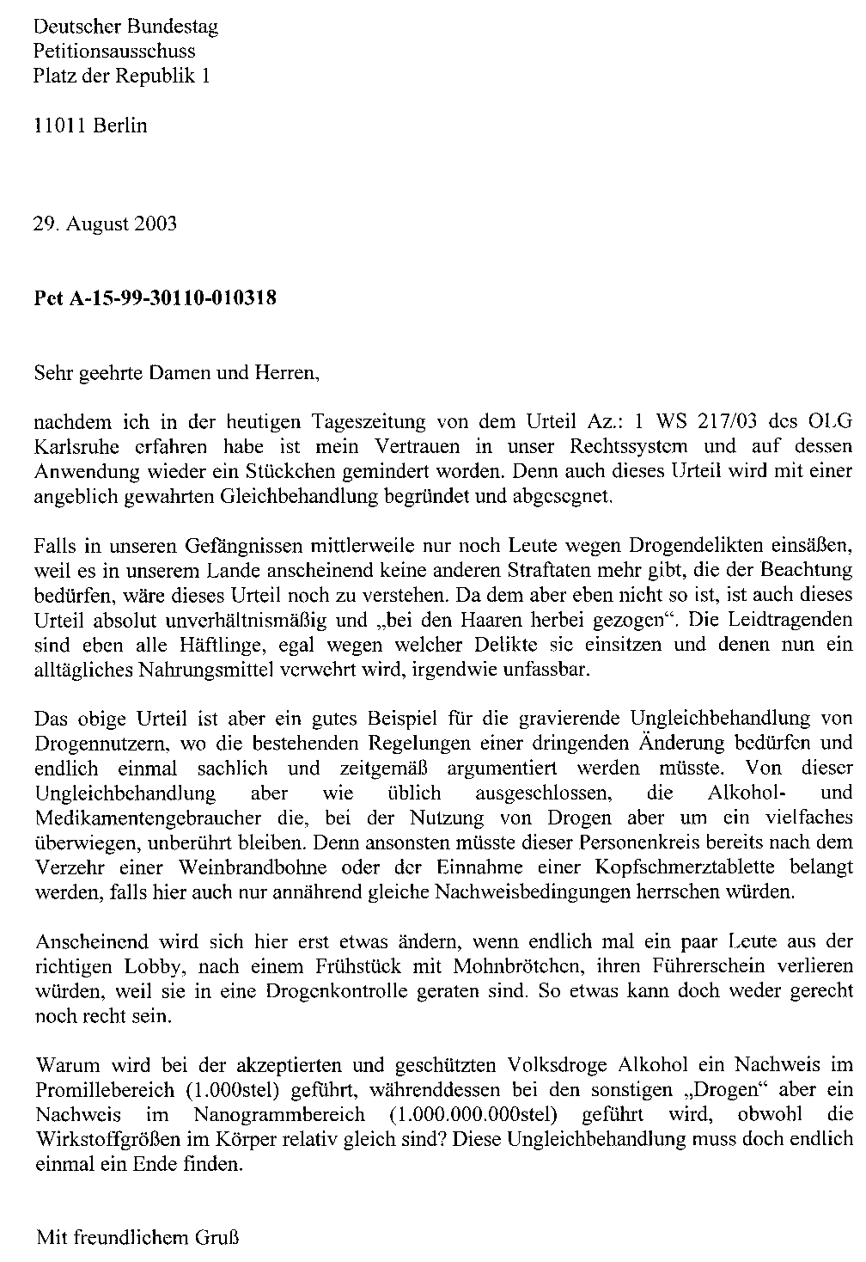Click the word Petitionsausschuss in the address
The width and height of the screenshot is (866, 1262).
(114, 52)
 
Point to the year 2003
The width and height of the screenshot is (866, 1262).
(156, 224)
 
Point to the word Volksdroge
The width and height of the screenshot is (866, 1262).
(566, 1065)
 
